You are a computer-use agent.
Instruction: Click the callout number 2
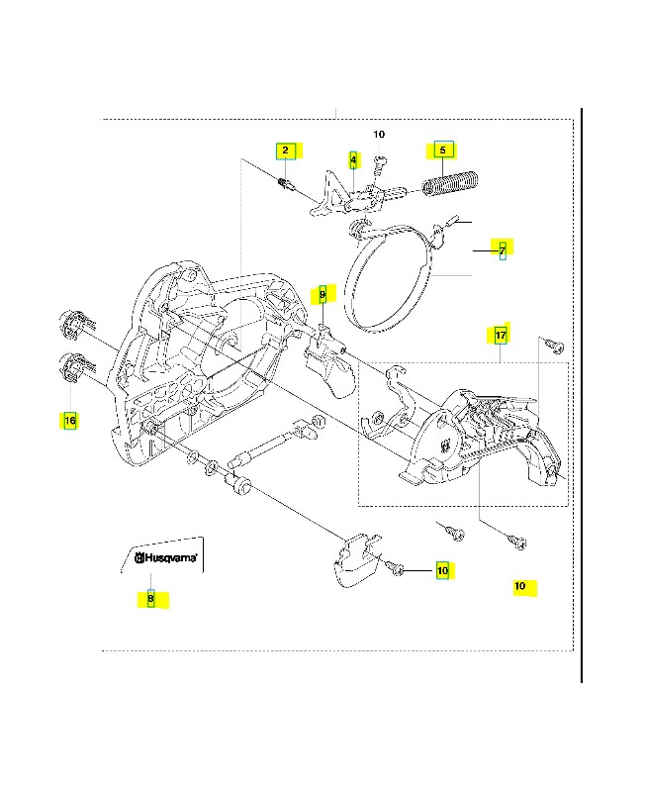285,150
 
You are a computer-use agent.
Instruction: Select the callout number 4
354,159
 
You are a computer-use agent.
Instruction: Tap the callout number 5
442,150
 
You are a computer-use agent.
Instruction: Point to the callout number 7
502,249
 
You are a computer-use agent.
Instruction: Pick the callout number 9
322,294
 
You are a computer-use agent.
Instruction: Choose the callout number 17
501,336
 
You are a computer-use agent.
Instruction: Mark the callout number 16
69,421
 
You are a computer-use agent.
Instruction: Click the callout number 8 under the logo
150,598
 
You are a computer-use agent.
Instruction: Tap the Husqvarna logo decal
165,558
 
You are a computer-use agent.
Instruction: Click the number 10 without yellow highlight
379,134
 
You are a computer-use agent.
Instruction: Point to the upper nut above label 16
71,323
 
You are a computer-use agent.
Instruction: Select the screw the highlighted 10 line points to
396,568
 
